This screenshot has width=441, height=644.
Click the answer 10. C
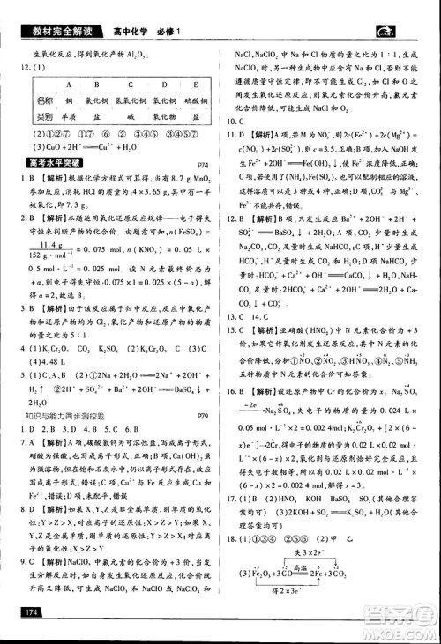point(236,122)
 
